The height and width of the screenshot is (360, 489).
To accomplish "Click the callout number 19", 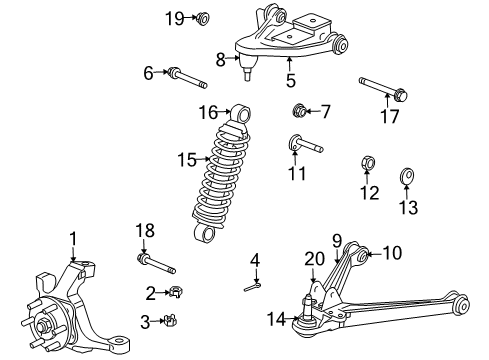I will coord(174,17).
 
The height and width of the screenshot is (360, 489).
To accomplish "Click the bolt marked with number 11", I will coord(305,144).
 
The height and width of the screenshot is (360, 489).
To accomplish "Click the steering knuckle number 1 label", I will coord(72,238).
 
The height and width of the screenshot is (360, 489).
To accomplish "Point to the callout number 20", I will coord(313,258).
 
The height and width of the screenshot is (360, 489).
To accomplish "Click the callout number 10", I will coord(391,254).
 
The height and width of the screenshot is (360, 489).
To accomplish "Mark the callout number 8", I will coord(221,59).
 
